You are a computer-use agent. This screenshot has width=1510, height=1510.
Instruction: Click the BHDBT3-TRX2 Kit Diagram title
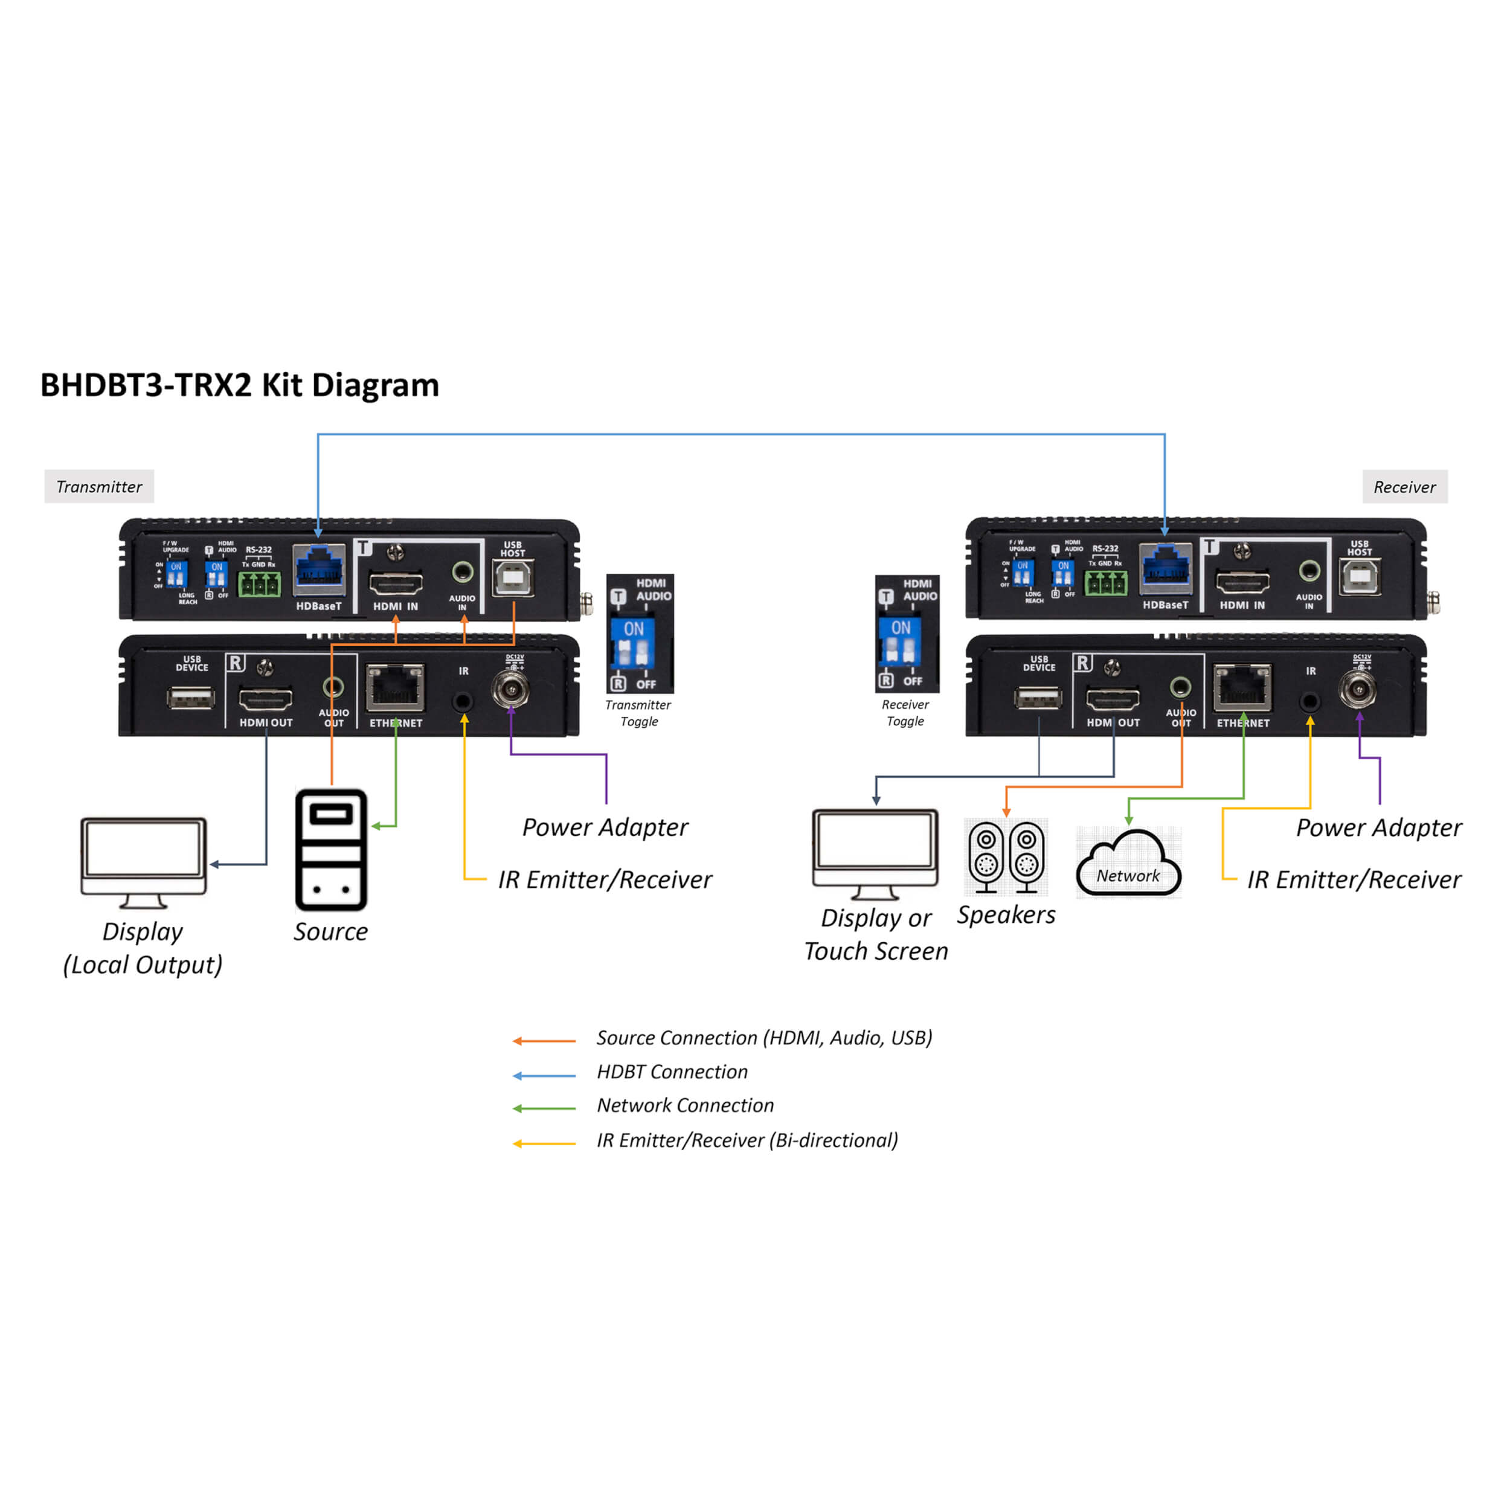click(239, 385)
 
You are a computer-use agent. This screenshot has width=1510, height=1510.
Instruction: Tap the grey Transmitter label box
click(99, 487)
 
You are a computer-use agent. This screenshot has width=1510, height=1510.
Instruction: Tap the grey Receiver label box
click(1404, 487)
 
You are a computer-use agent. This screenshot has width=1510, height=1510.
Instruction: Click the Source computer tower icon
click(330, 850)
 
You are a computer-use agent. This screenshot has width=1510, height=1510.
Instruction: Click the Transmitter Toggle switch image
click(639, 634)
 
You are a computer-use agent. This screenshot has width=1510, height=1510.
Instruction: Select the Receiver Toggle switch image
click(907, 634)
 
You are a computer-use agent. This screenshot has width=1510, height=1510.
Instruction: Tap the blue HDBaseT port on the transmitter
click(320, 571)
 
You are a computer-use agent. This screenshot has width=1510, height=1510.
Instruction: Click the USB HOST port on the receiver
click(1359, 577)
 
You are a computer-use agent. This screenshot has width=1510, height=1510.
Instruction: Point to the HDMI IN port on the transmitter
click(396, 582)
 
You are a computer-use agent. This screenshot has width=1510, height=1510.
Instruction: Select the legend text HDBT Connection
click(672, 1071)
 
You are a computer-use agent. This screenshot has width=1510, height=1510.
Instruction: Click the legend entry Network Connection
click(685, 1105)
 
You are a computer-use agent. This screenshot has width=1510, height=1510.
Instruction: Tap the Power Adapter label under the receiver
click(1378, 827)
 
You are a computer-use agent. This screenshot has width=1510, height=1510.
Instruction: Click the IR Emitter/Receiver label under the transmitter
click(605, 880)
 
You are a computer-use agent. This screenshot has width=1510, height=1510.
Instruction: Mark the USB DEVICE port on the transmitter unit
click(191, 697)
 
